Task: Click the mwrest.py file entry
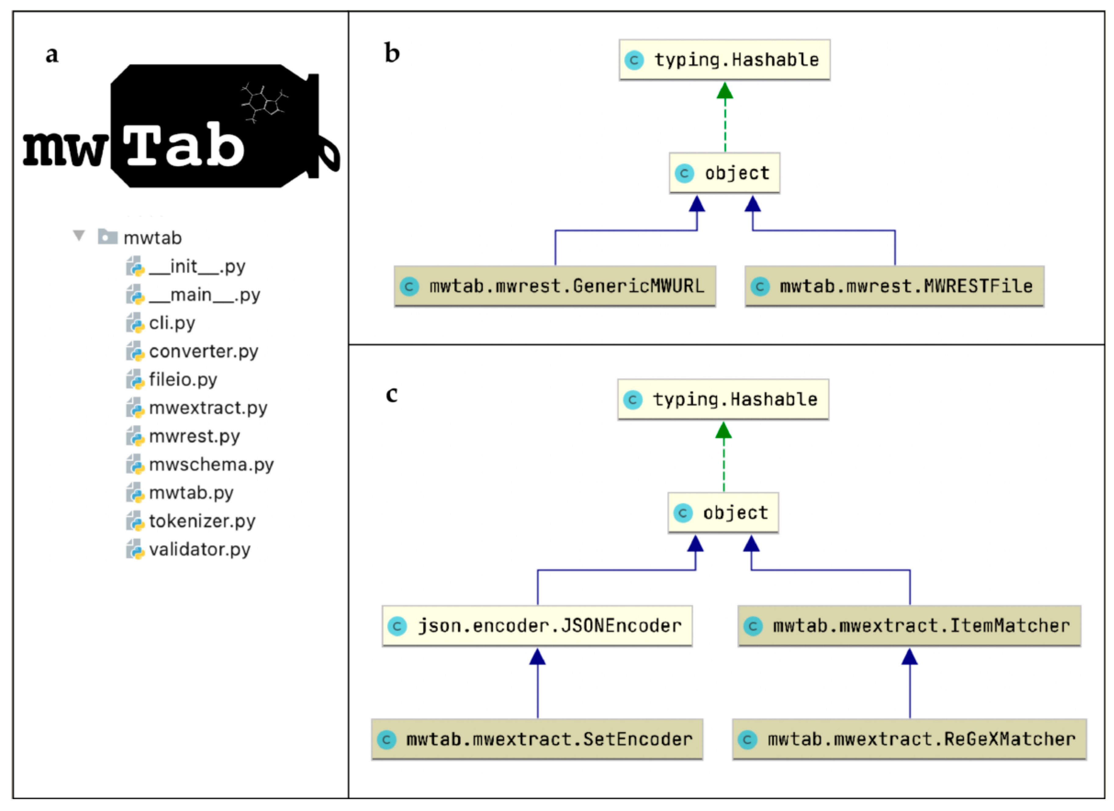point(194,436)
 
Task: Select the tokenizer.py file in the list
point(202,521)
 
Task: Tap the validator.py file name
point(199,550)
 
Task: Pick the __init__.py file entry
point(197,267)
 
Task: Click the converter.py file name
point(203,352)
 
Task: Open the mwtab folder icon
point(107,237)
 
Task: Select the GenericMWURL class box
point(555,286)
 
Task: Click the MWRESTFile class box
point(894,286)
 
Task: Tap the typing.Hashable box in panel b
point(725,60)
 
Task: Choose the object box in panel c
point(723,513)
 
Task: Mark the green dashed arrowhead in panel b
point(725,90)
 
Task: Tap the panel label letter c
point(392,394)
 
